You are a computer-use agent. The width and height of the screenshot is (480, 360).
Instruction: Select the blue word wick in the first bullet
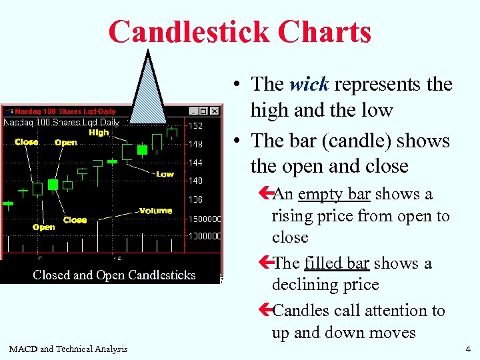(x=309, y=84)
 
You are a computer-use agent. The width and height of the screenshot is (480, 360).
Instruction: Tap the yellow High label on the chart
(x=99, y=133)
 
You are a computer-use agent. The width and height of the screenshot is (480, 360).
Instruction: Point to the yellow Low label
(x=165, y=174)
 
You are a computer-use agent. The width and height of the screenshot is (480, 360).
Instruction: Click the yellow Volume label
(x=155, y=211)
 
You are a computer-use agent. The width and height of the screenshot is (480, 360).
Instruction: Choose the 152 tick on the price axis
(x=195, y=126)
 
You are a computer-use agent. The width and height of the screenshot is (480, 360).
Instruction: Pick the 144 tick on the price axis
(x=195, y=163)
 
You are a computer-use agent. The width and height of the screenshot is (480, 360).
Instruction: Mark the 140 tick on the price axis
(x=195, y=181)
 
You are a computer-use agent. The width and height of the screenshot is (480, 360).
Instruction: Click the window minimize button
(x=193, y=111)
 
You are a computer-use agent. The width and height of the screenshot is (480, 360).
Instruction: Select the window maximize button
(x=203, y=111)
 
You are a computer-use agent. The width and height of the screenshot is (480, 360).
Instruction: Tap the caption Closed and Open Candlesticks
(x=114, y=275)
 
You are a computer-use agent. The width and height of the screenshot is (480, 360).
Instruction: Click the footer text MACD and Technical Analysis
(x=68, y=349)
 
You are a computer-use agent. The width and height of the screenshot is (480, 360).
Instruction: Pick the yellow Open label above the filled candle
(x=65, y=143)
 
